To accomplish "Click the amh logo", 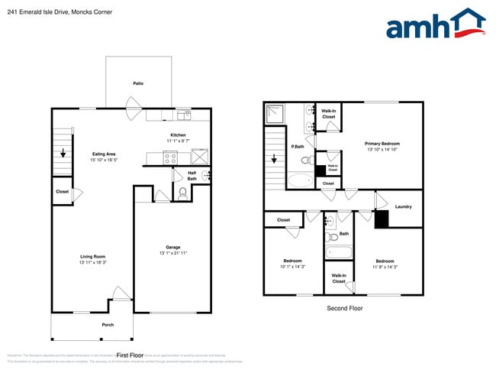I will tap(435, 24).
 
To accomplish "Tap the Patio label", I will tap(138, 83).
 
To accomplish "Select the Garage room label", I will tap(173, 247).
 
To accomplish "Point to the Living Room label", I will tap(93, 256).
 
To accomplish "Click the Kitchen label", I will tap(178, 135).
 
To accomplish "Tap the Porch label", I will tap(108, 325).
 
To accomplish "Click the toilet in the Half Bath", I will tap(182, 193).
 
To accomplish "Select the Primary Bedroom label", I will tap(382, 144).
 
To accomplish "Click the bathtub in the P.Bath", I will tap(300, 181).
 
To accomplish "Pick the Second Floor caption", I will tap(344, 309).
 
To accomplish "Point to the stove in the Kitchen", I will tap(170, 158).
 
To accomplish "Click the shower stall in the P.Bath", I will tap(275, 114).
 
